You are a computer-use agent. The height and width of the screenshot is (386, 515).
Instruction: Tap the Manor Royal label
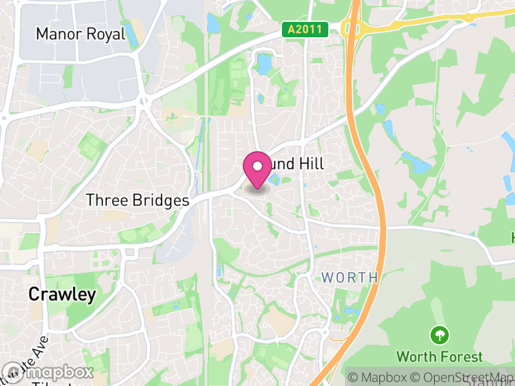[x=80, y=33]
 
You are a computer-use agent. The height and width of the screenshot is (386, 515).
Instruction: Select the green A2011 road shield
[x=305, y=29]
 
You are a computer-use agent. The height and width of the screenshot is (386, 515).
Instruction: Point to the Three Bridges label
[x=138, y=201]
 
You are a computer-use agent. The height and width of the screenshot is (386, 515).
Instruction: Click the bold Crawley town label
[x=62, y=295]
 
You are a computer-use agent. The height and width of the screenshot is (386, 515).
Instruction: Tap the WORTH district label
[x=350, y=278]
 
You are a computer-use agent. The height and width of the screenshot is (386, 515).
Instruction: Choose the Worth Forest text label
[x=439, y=356]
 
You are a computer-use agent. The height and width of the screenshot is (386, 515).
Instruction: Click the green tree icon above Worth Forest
[x=440, y=335]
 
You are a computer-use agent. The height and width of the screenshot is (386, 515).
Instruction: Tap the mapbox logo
[x=48, y=372]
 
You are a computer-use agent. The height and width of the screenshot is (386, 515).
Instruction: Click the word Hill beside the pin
[x=310, y=164]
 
